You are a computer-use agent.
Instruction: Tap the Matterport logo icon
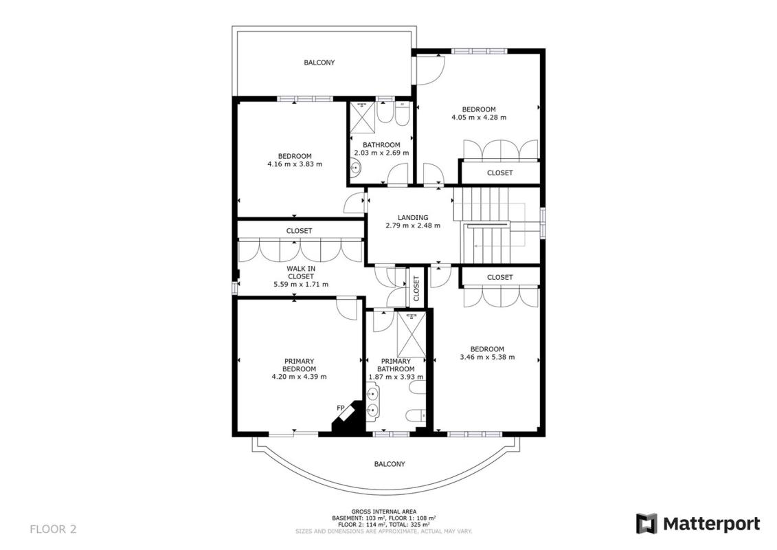point(646,524)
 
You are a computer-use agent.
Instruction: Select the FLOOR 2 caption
point(53,529)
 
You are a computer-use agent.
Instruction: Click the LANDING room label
point(413,217)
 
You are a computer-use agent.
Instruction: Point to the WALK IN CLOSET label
point(301,272)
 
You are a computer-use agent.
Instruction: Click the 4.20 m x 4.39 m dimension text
point(300,377)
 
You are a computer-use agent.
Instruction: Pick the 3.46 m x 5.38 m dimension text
point(487,357)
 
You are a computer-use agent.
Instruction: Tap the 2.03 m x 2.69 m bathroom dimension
point(381,153)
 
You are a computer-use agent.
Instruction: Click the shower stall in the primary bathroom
point(412,334)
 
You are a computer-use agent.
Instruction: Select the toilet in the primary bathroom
point(415,414)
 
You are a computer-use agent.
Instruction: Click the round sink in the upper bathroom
point(356,168)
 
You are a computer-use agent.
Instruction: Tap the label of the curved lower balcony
point(390,463)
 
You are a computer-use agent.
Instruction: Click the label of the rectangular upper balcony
point(319,63)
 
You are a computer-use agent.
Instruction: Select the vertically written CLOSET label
point(416,288)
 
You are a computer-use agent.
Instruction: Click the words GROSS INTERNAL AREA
point(384,511)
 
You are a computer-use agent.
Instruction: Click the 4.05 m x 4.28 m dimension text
point(479,118)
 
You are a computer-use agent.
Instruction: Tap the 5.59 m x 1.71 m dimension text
point(301,284)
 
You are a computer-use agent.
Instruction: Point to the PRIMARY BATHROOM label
point(396,365)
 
